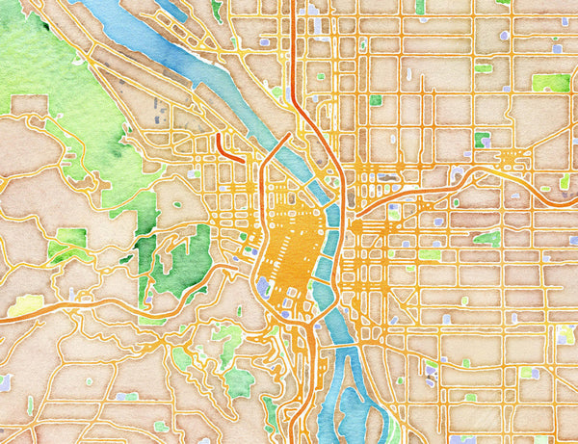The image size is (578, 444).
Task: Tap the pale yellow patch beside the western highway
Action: point(25,305)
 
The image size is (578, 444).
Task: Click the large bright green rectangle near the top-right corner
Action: point(551,83)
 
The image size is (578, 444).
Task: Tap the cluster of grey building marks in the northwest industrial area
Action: point(159,120)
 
